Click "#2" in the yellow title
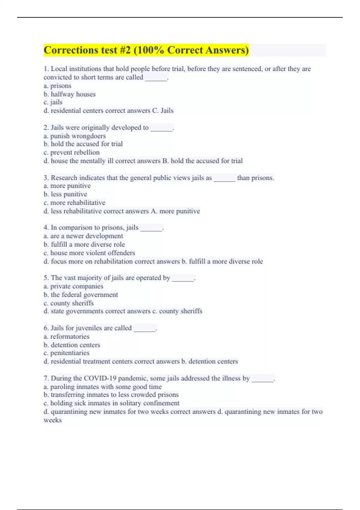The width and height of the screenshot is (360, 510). tap(125, 50)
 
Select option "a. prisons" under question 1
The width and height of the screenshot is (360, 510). tap(57, 86)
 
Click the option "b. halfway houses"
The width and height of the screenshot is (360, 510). tap(69, 94)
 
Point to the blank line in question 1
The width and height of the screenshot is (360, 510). tap(156, 78)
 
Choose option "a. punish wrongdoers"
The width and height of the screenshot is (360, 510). tap(74, 136)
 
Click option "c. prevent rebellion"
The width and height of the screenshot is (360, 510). tap(71, 152)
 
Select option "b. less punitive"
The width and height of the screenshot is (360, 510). tap(65, 194)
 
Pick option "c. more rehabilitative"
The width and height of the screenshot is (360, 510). tap(74, 203)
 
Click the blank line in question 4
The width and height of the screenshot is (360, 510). tap(151, 228)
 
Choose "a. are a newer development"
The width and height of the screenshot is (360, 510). tap(83, 236)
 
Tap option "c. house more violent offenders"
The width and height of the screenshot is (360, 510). tap(89, 253)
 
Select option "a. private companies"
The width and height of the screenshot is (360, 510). tap(73, 286)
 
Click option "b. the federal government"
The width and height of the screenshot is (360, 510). tap(80, 295)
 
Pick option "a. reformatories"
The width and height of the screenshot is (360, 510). tap(66, 337)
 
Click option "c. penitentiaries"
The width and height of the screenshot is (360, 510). tap(66, 353)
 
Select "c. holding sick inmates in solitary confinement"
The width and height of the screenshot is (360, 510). tap(111, 403)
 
